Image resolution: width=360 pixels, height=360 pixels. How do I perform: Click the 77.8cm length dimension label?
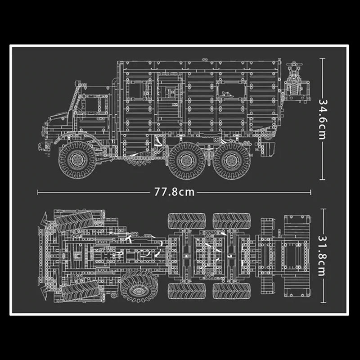click(x=174, y=192)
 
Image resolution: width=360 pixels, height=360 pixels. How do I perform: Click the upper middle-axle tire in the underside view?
click(x=186, y=220)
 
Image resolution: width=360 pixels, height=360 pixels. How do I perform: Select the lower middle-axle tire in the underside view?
click(x=186, y=291)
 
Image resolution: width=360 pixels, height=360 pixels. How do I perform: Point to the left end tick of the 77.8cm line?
click(x=38, y=192)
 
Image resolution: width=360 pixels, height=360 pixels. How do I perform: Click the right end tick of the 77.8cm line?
click(x=310, y=192)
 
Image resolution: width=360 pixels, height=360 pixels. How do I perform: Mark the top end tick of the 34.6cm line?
click(x=323, y=58)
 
